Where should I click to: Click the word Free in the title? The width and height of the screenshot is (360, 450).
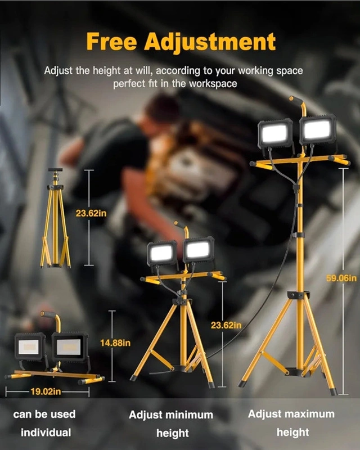[x=111, y=41]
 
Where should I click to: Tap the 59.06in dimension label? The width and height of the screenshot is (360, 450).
[x=341, y=278]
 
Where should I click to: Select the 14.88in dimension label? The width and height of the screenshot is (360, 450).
[x=115, y=343]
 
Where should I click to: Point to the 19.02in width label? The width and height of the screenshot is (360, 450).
[x=46, y=391]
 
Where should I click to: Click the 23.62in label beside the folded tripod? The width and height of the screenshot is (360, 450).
[x=91, y=213]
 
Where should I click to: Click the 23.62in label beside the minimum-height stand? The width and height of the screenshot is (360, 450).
[x=226, y=325]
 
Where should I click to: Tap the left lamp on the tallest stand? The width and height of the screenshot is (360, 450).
[x=275, y=134]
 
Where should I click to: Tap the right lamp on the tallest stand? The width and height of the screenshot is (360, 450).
[x=318, y=129]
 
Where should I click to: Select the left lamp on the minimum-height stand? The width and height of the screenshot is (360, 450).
[x=162, y=253]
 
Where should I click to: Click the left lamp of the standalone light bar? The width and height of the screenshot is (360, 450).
[x=30, y=346]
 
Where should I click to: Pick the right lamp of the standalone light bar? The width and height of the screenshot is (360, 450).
[x=70, y=346]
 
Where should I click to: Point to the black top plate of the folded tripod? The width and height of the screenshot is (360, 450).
[x=55, y=170]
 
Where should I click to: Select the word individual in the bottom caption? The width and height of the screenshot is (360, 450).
[x=46, y=433]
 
